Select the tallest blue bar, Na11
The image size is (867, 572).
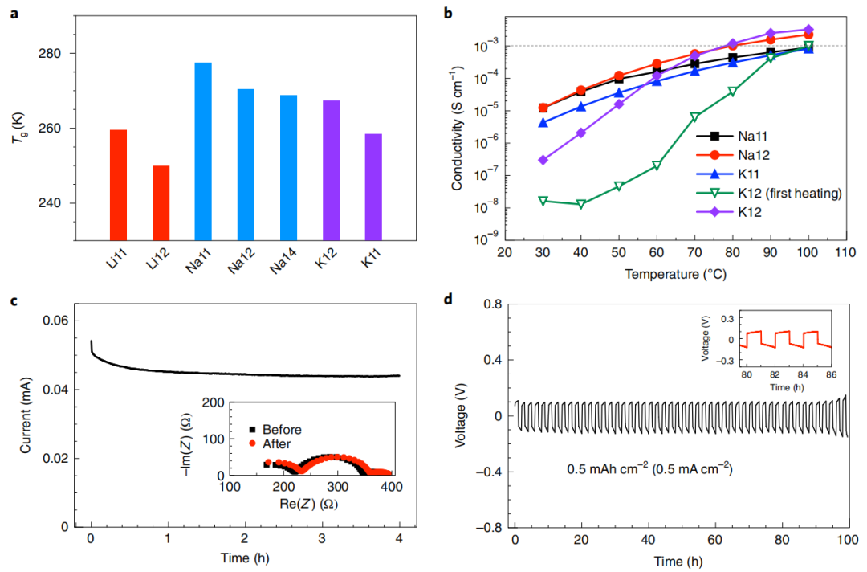203,151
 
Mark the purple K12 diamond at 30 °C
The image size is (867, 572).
543,160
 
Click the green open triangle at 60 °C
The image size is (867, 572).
657,165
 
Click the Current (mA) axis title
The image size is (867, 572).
26,416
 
